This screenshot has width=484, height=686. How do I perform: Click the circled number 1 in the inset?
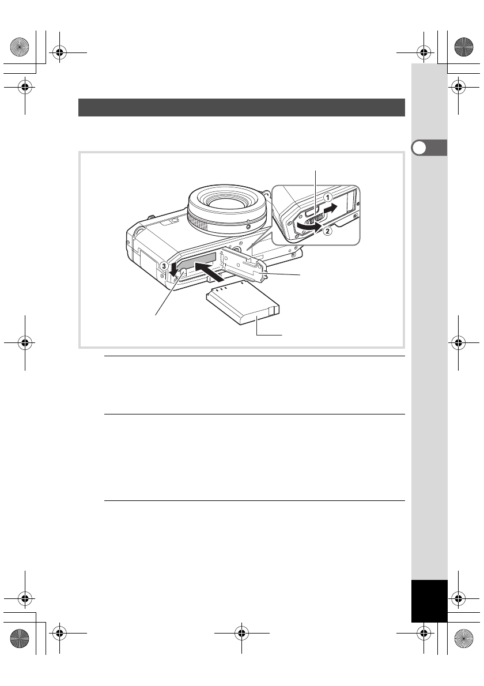(327, 197)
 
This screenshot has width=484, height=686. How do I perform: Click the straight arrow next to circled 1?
(336, 208)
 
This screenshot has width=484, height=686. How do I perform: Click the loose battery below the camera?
(243, 303)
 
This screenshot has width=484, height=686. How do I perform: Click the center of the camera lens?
(227, 202)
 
